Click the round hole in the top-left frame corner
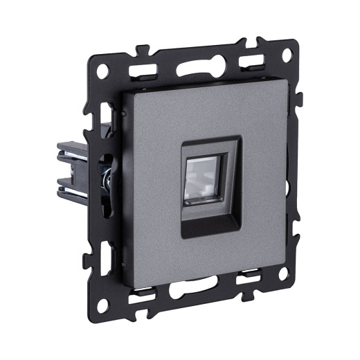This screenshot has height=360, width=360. (102, 69)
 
